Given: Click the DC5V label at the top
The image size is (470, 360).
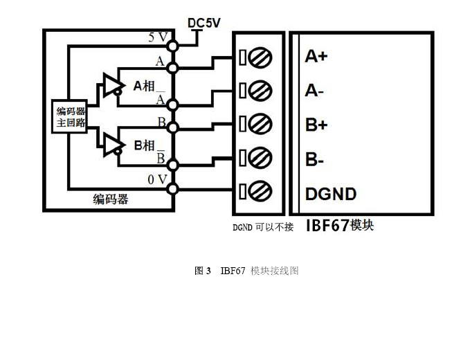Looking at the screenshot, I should [x=204, y=23].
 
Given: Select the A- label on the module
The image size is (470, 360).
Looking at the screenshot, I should [x=315, y=91].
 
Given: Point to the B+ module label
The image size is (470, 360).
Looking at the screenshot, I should [x=316, y=125].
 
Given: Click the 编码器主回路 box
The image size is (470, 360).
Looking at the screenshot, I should [x=71, y=117].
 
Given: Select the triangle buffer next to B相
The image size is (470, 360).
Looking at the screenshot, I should [x=110, y=144].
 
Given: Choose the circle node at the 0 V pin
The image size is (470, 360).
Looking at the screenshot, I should [x=172, y=188].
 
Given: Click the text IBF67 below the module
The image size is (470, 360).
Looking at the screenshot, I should [x=327, y=226].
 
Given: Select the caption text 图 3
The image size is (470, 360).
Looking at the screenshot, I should [x=202, y=271].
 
